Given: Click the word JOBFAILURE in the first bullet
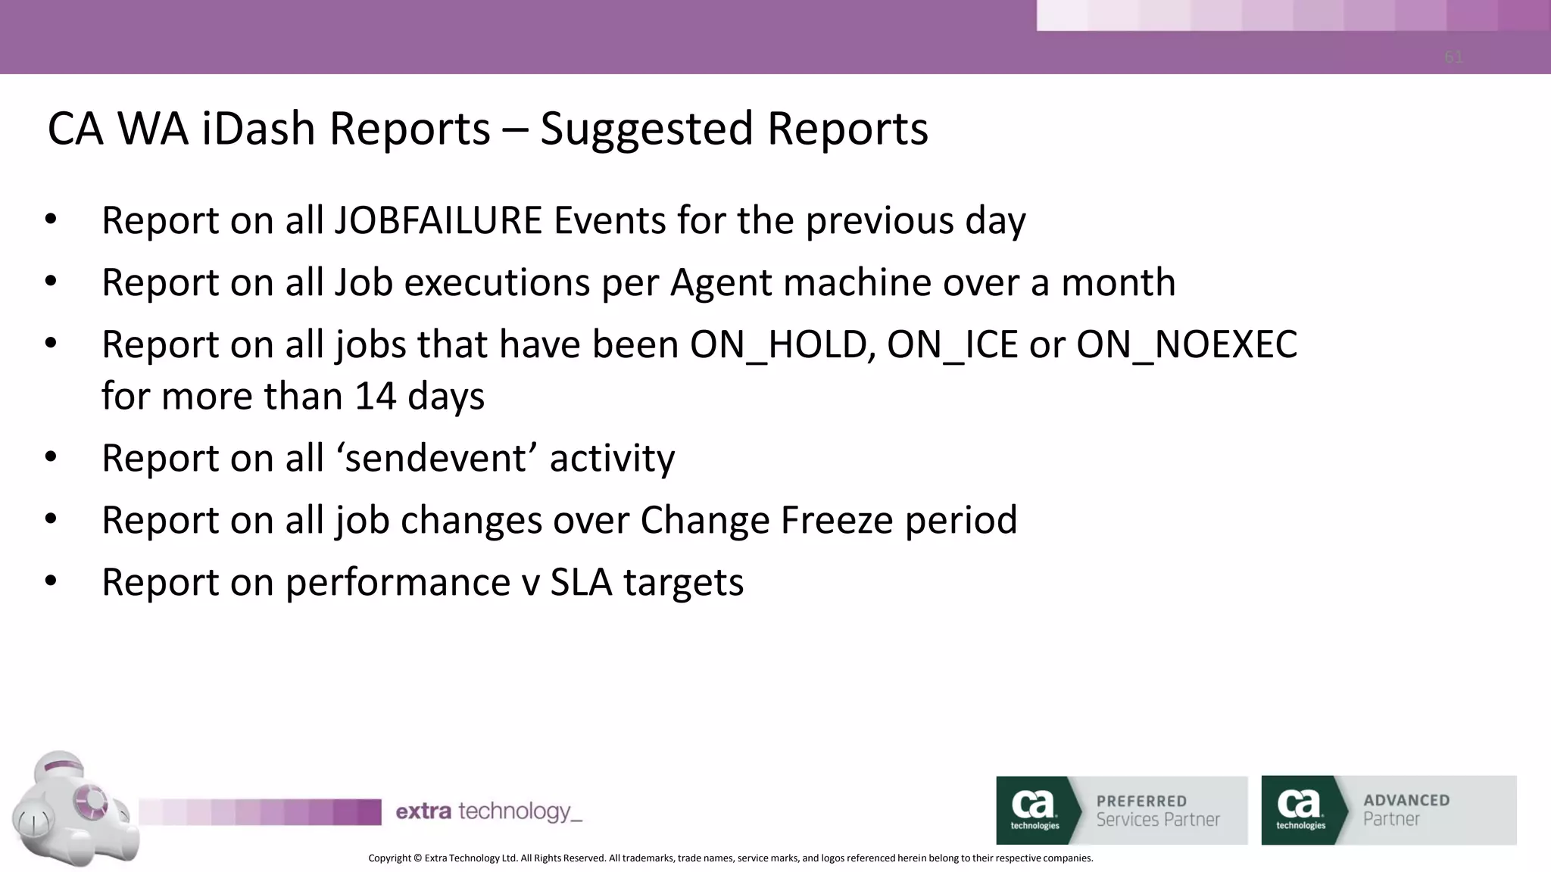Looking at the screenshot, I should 438,220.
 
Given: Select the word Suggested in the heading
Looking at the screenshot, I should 647,129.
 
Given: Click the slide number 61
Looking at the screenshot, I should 1453,58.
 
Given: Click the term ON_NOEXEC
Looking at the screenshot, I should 1186,344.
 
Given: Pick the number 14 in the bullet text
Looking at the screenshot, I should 375,396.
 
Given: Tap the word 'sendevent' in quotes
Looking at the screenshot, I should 442,458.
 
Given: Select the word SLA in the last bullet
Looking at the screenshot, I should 581,582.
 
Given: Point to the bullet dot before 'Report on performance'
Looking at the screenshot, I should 51,581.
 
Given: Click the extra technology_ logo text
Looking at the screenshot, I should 488,811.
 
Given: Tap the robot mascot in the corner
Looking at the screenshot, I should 72,810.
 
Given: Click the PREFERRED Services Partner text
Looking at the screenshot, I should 1157,810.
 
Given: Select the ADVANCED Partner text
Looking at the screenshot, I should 1406,809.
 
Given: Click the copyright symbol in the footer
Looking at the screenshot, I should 417,858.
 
